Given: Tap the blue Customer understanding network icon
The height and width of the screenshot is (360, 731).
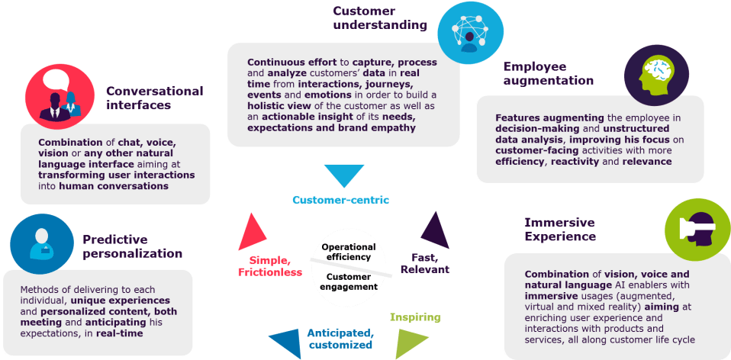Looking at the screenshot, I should [469, 31].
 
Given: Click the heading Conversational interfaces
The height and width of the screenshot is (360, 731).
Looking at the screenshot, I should [154, 98].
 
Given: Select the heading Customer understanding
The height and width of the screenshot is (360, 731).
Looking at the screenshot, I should [379, 18].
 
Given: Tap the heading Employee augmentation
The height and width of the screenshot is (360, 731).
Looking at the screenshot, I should [548, 73].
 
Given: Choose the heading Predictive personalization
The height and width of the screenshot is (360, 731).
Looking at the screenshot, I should [132, 246].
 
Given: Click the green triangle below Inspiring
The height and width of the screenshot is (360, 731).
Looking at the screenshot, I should [407, 344].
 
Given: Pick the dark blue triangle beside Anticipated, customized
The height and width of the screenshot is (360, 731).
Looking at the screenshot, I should [285, 343].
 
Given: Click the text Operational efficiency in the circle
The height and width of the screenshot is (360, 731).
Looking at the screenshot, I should [349, 252].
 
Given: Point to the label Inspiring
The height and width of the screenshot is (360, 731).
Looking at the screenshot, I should [414, 317].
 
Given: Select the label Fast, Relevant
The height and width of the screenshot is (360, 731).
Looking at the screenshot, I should [424, 263].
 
